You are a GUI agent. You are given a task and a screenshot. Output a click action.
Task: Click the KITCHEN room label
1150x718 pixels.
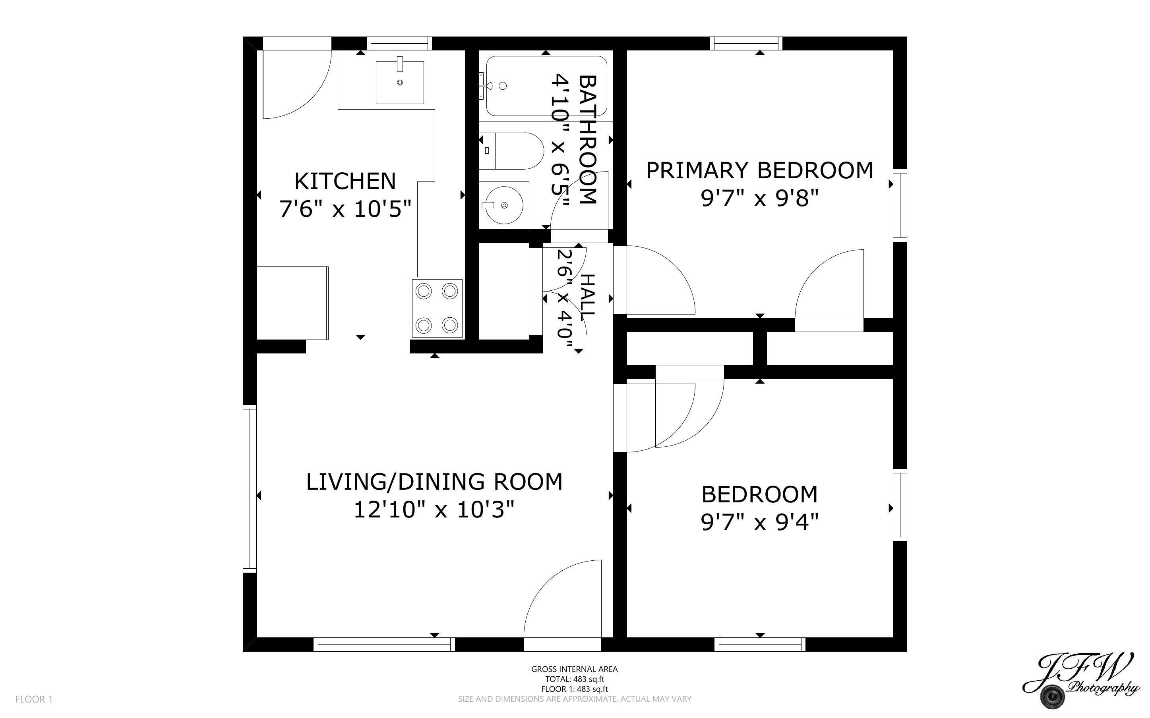pyautogui.click(x=345, y=181)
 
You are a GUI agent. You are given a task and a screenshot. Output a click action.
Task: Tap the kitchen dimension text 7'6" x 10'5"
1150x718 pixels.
pyautogui.click(x=345, y=209)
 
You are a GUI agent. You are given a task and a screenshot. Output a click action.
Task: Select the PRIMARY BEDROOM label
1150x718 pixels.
pyautogui.click(x=759, y=171)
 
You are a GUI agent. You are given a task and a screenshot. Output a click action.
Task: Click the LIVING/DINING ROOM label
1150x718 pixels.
pyautogui.click(x=434, y=482)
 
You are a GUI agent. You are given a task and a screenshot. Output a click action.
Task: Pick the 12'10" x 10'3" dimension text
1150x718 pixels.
pyautogui.click(x=434, y=510)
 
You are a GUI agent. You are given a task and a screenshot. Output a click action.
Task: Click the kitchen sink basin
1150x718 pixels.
pyautogui.click(x=399, y=82)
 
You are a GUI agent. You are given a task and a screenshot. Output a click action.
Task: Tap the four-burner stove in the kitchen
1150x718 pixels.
pyautogui.click(x=437, y=308)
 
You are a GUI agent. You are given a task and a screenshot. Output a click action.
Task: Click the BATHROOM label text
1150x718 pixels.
pyautogui.click(x=587, y=140)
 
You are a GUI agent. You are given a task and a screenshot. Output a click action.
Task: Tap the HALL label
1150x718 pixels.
pyautogui.click(x=588, y=297)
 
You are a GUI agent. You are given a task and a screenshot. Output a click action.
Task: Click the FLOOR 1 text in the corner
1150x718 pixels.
pyautogui.click(x=34, y=699)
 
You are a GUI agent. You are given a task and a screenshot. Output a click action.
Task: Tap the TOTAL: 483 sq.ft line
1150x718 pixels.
pyautogui.click(x=574, y=679)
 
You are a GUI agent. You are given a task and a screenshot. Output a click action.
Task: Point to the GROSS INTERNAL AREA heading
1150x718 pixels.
pyautogui.click(x=574, y=669)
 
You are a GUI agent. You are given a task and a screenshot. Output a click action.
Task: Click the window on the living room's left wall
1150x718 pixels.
pyautogui.click(x=250, y=488)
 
